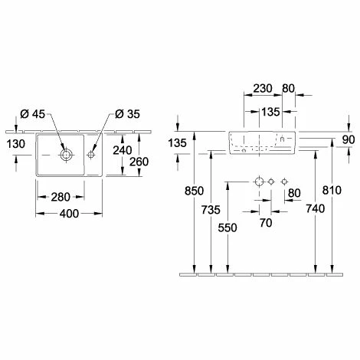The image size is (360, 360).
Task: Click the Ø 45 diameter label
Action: point(32,114)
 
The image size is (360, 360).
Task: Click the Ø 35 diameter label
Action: point(127,114)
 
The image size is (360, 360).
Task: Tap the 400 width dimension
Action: point(69,214)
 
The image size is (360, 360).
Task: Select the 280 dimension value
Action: point(61,197)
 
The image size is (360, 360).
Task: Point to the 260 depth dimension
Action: point(139,162)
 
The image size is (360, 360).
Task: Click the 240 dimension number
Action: point(123,150)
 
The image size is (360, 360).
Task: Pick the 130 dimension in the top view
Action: point(16,144)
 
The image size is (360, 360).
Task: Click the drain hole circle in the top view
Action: point(66,155)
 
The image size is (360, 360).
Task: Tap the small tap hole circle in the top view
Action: point(90,155)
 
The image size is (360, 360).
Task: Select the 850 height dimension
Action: point(194,191)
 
